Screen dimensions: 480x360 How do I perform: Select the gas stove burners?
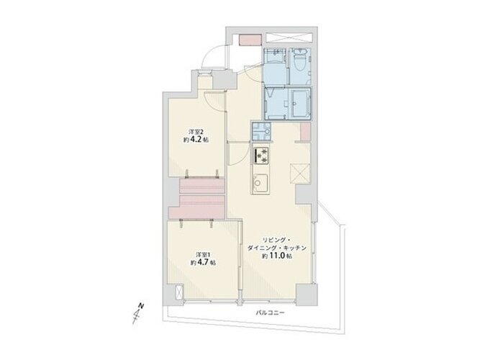261,155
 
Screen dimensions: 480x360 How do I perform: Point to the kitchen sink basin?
261,183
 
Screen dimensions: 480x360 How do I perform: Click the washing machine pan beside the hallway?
261,131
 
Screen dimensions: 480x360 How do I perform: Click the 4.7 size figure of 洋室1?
203,262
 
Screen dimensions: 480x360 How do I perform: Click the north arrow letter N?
141,305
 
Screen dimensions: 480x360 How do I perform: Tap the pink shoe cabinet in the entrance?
250,40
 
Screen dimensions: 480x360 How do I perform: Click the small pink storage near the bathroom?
305,132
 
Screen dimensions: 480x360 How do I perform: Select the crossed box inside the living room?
300,174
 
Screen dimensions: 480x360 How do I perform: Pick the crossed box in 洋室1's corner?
178,292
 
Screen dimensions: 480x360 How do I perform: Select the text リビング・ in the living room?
276,240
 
